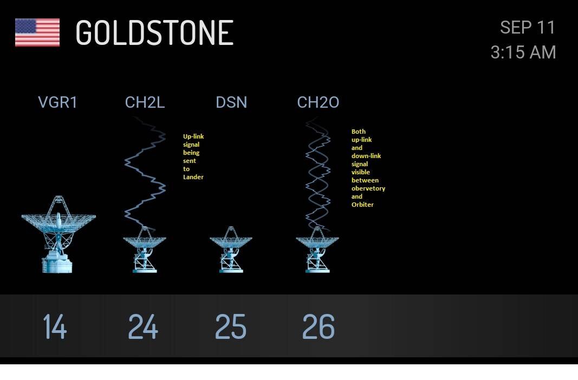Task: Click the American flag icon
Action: pos(37,32)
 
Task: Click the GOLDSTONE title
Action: pos(154,33)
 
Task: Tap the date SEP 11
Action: pos(528,28)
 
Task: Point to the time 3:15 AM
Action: pos(523,53)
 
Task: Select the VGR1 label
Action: pos(57,102)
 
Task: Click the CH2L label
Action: pos(145,102)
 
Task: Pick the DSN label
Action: pos(231,102)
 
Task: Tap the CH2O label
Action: pos(318,102)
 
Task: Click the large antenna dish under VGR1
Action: pos(59,234)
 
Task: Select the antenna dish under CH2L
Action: pos(145,250)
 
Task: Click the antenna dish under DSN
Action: pos(231,250)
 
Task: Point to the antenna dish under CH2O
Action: pos(317,250)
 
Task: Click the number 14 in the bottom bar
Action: pos(55,326)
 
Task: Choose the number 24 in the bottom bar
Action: pos(143,326)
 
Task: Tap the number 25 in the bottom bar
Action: pos(230,326)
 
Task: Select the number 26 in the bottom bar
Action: pos(318,326)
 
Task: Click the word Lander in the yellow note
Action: pos(193,177)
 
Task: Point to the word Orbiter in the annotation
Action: pos(362,205)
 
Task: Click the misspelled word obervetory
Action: pos(368,188)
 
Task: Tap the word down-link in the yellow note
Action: pos(366,156)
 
